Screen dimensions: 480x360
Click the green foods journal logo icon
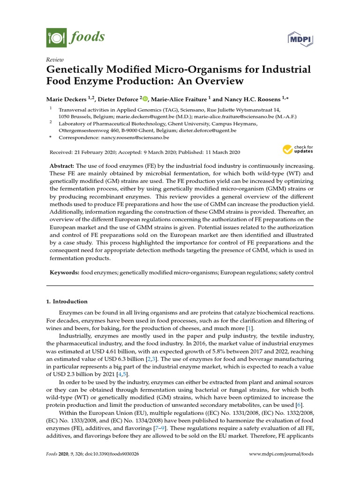tap(56, 37)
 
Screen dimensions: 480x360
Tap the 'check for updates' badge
tap(298, 150)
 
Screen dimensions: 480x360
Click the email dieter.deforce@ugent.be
tap(209, 130)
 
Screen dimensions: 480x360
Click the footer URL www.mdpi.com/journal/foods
tap(280, 454)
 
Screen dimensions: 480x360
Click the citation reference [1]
tap(250, 329)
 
